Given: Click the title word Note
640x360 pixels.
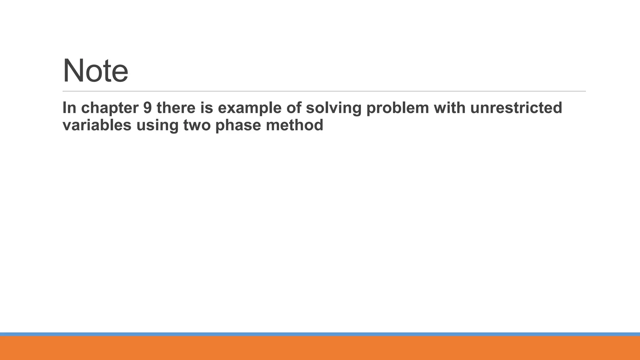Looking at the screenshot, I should click(95, 71).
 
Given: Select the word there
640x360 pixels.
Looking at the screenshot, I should click(176, 108).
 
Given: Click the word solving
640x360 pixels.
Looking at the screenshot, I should click(333, 108).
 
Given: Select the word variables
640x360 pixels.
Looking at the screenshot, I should click(97, 125).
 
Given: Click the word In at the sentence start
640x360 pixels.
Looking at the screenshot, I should click(69, 108).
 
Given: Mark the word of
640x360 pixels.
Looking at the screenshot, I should click(294, 108).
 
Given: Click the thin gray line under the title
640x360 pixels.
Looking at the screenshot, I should click(324, 91).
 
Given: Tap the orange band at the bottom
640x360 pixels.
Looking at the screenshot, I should click(320, 348).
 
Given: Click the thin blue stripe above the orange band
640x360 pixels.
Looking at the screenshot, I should click(320, 334).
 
